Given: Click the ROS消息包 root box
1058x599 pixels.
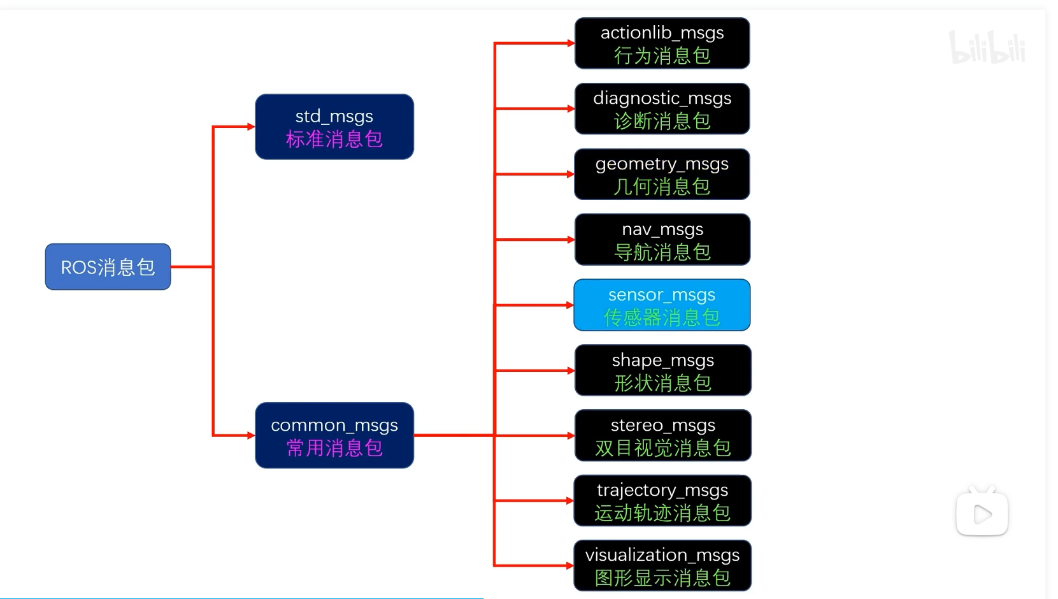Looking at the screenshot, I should coord(108,266).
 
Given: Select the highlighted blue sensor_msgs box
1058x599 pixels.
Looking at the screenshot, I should coord(662,305).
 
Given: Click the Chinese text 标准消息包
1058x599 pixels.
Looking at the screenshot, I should coord(334,139).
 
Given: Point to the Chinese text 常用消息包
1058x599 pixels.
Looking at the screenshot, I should coord(334,448).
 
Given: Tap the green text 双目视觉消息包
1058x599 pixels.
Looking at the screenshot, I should coord(662,448).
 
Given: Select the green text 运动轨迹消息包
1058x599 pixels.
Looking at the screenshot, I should coord(662,513).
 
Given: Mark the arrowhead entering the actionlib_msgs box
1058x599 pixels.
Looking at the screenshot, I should coord(571,43).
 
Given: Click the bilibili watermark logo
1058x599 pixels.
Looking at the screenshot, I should coord(987,47).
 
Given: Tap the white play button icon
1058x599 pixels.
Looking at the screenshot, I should coord(982,514).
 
